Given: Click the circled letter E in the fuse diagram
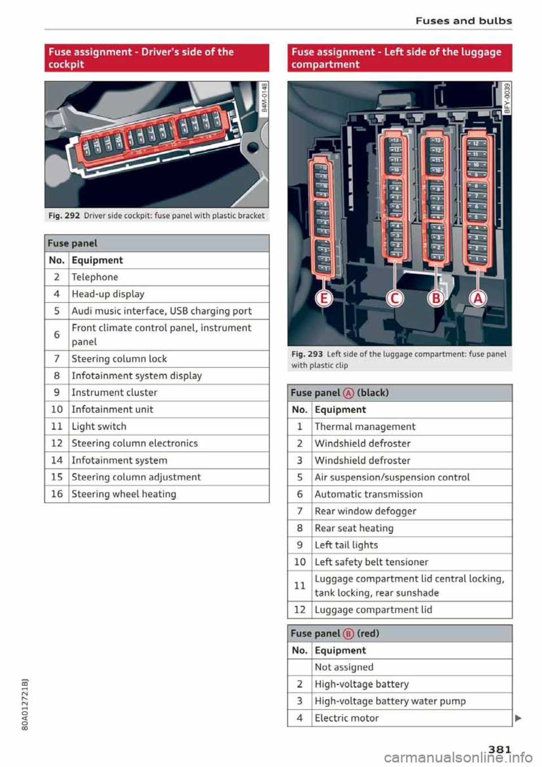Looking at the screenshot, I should pyautogui.click(x=324, y=298).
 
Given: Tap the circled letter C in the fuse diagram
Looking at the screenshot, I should pyautogui.click(x=395, y=298).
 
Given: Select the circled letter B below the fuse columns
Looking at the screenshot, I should pyautogui.click(x=436, y=298).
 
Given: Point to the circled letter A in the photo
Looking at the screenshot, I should pyautogui.click(x=478, y=298).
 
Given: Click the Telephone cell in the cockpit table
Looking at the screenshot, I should pyautogui.click(x=95, y=277).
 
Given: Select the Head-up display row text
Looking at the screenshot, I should pyautogui.click(x=108, y=294).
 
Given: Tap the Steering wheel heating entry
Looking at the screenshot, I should pyautogui.click(x=124, y=494).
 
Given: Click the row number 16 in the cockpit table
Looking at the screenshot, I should pyautogui.click(x=56, y=494).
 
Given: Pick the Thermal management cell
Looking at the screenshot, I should pyautogui.click(x=365, y=427).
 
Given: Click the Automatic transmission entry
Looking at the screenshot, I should pyautogui.click(x=369, y=495).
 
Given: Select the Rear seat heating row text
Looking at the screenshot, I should pyautogui.click(x=354, y=529).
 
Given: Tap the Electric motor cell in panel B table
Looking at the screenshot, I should pyautogui.click(x=347, y=718).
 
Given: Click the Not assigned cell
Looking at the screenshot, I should pyautogui.click(x=344, y=668).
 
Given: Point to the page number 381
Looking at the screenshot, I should pyautogui.click(x=500, y=749).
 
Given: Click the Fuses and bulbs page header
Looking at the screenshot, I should pyautogui.click(x=464, y=21).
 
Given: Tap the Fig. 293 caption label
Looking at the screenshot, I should pyautogui.click(x=307, y=354).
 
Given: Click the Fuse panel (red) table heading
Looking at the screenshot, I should pyautogui.click(x=335, y=634).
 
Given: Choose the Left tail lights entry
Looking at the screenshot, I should pyautogui.click(x=346, y=546).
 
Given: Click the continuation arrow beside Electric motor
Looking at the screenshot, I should pyautogui.click(x=518, y=718).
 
